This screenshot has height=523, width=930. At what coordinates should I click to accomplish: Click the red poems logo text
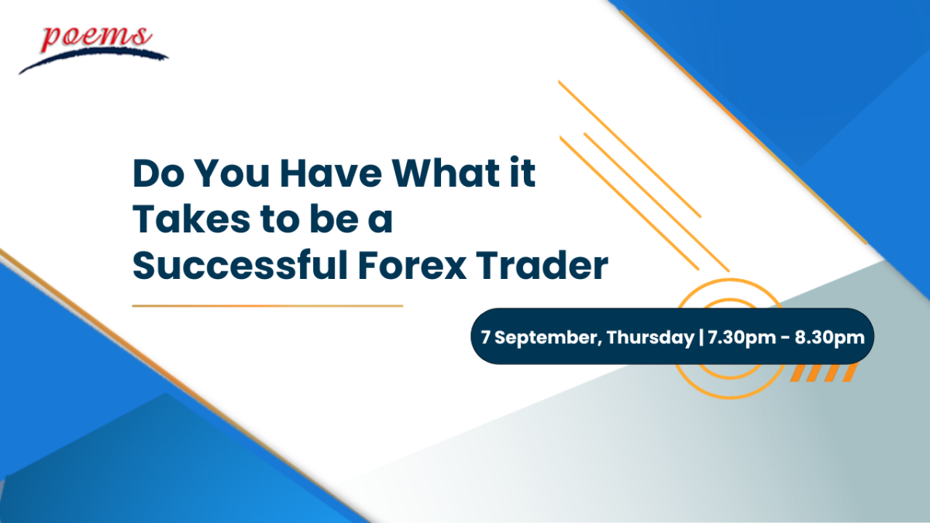(x=96, y=38)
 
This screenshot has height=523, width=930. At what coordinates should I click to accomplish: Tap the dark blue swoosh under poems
(x=94, y=60)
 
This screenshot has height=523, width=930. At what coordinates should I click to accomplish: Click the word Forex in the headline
(x=412, y=265)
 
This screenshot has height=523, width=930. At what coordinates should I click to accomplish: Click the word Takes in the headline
(x=191, y=218)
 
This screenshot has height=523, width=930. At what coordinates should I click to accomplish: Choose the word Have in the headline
(x=330, y=173)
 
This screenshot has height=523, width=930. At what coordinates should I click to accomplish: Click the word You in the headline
(x=232, y=173)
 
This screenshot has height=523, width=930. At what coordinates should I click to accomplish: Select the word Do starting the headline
(x=158, y=173)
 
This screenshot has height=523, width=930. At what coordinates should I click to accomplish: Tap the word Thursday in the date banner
(x=650, y=337)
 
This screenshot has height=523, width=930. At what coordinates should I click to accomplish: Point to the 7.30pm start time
(x=742, y=338)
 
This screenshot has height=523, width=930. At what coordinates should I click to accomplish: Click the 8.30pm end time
(x=829, y=338)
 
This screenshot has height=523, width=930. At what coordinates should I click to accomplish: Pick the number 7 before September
(x=485, y=337)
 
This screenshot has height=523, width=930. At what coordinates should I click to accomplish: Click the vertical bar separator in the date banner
(x=701, y=337)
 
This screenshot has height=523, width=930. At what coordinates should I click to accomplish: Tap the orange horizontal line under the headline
(x=267, y=306)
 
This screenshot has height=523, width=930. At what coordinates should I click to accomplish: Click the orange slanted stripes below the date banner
(x=824, y=373)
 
